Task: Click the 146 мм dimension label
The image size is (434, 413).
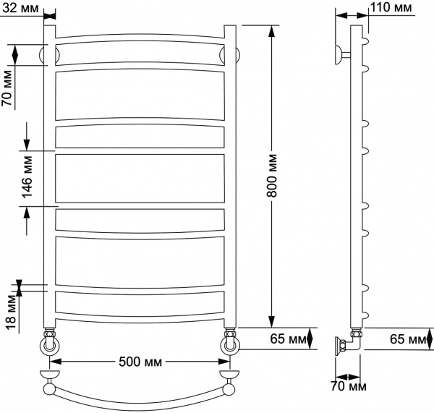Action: pyautogui.click(x=27, y=177)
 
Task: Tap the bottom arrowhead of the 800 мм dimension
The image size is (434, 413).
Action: pyautogui.click(x=272, y=323)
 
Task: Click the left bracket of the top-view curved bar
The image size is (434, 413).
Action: pyautogui.click(x=49, y=378)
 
